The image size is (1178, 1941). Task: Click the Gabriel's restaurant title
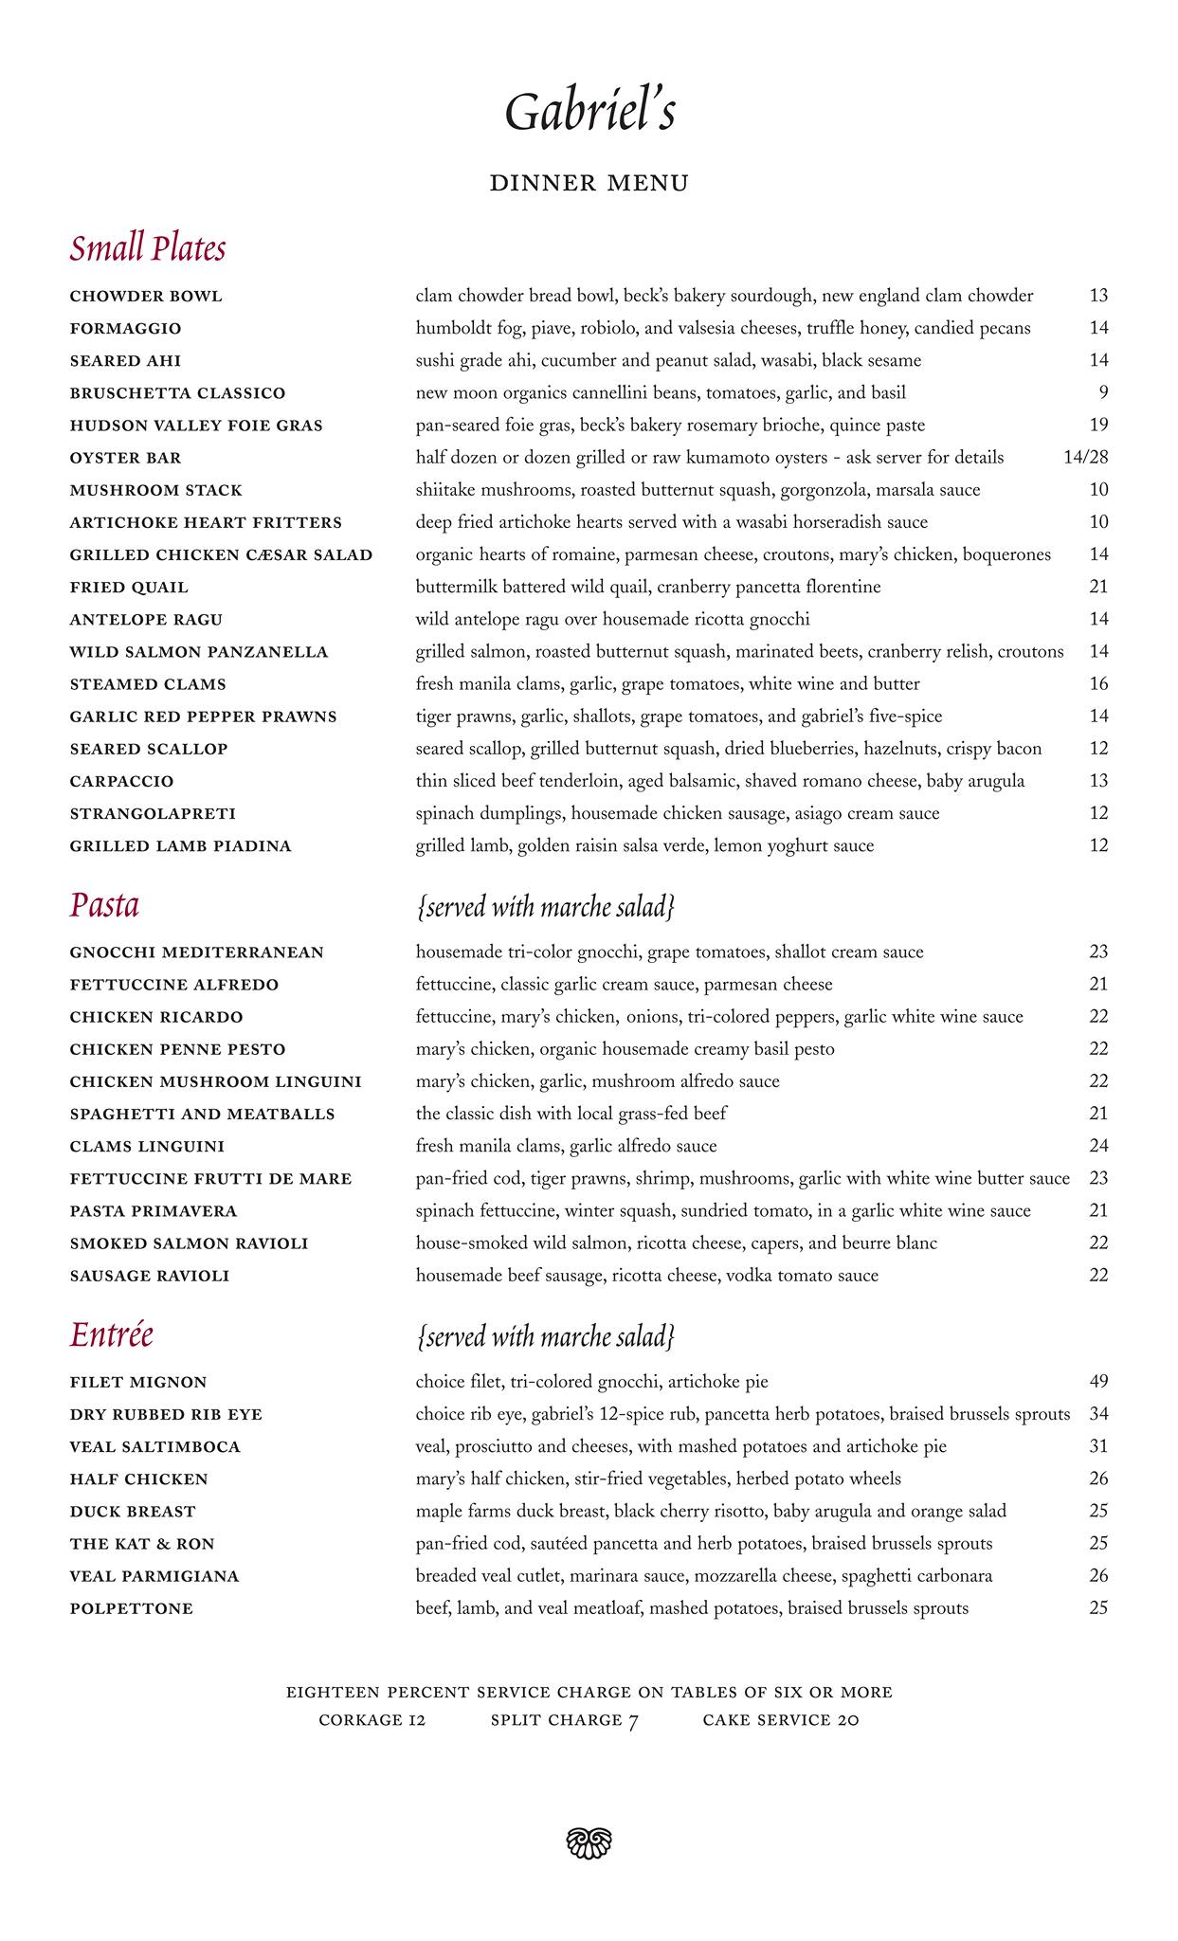pos(589,113)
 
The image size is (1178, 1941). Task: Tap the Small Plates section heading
pos(147,248)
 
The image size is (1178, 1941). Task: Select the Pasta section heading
pos(104,905)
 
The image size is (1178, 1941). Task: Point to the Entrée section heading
pos(111,1334)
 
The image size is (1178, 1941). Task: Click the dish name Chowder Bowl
pos(146,297)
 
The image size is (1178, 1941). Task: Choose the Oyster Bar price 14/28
pos(1085,458)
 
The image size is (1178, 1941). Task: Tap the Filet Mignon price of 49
pos(1098,1382)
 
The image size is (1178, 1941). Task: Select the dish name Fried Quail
pos(129,588)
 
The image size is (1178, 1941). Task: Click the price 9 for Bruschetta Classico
pos(1103,393)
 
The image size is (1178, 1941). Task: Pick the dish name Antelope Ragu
pos(146,620)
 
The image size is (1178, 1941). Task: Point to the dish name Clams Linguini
pos(147,1147)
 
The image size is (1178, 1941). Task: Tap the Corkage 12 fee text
pos(372,1720)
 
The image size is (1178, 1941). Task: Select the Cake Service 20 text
pos(780,1720)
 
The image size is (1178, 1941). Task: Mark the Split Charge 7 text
pos(565,1720)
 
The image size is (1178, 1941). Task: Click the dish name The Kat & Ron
pos(142,1544)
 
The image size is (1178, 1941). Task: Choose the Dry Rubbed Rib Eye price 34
pos(1098,1414)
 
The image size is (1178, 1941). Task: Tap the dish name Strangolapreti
pos(153,814)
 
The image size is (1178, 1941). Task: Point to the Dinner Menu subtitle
pos(589,183)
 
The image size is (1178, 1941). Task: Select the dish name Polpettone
pos(131,1608)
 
